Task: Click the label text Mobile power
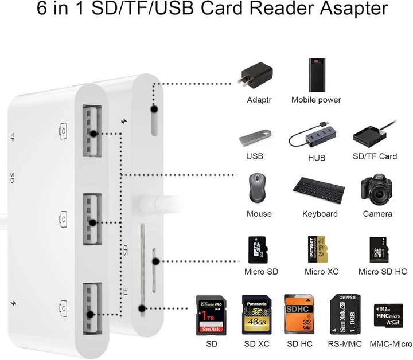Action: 316,100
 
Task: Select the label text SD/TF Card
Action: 375,156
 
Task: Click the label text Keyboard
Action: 320,214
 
